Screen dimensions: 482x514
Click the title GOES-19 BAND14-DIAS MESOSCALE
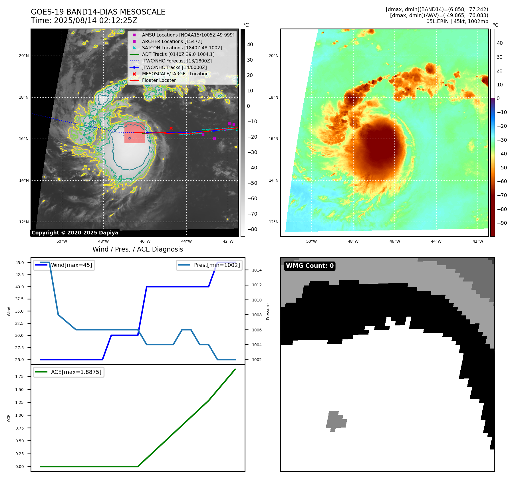coord(98,12)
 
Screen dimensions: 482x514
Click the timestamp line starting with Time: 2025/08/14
coord(84,21)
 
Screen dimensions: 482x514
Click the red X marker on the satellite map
coord(171,128)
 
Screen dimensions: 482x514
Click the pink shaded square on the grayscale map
coord(134,133)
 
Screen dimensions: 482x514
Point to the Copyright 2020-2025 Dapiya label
coord(75,233)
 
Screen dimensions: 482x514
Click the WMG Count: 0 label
coord(310,266)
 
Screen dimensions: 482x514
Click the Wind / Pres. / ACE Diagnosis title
coord(138,249)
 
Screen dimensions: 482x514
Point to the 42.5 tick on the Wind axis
coord(20,275)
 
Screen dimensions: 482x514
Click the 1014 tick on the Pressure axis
coord(257,270)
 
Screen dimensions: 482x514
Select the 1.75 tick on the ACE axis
coord(20,376)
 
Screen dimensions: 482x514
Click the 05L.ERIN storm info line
coord(457,21)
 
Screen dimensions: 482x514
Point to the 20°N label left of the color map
coord(273,56)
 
